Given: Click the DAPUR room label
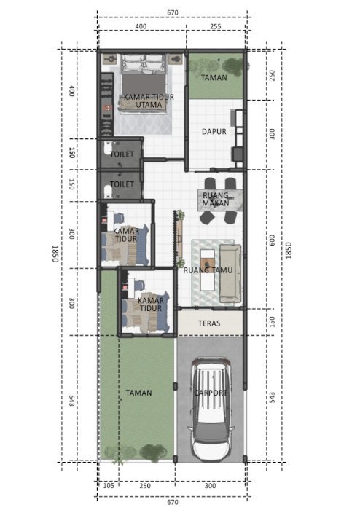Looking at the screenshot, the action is pyautogui.click(x=214, y=131).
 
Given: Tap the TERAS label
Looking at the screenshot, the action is pyautogui.click(x=209, y=323).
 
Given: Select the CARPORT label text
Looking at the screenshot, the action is pyautogui.click(x=210, y=393).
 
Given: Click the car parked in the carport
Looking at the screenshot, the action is pyautogui.click(x=211, y=409).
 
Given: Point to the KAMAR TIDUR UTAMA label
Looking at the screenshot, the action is pyautogui.click(x=149, y=101).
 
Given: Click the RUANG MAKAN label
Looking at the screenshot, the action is pyautogui.click(x=216, y=199).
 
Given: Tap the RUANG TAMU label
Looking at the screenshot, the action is pyautogui.click(x=208, y=270).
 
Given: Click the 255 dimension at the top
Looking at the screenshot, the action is pyautogui.click(x=215, y=26).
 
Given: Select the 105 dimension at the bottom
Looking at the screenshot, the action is pyautogui.click(x=109, y=486).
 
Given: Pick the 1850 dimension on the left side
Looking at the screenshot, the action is pyautogui.click(x=55, y=254).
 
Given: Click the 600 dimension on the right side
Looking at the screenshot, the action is pyautogui.click(x=273, y=240).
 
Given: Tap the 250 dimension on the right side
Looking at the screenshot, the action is pyautogui.click(x=273, y=76).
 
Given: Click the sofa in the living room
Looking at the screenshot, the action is pyautogui.click(x=230, y=273).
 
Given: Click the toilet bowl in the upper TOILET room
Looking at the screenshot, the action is pyautogui.click(x=106, y=149).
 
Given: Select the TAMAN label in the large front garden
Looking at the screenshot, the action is pyautogui.click(x=139, y=393).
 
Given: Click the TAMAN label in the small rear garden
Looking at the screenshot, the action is pyautogui.click(x=214, y=78).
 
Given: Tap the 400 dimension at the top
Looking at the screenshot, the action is pyautogui.click(x=141, y=26).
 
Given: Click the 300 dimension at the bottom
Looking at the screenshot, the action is pyautogui.click(x=210, y=486).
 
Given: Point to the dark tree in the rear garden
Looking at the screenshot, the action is pyautogui.click(x=233, y=67).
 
